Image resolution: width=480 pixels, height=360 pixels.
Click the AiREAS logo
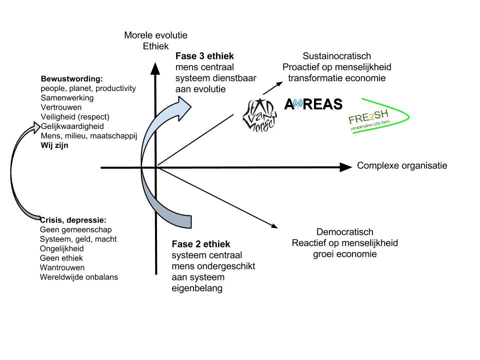pos(313,104)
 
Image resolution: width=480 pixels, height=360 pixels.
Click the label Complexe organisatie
pos(402,166)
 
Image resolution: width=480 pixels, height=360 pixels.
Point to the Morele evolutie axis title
pos(155,35)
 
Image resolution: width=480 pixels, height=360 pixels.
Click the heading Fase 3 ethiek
pos(204,56)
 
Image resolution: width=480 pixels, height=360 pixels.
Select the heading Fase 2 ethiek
pos(201,244)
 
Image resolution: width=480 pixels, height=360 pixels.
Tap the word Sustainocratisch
pos(337,56)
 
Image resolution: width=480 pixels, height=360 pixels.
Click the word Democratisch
pos(345,232)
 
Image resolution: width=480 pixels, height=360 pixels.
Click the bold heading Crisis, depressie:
pos(73,220)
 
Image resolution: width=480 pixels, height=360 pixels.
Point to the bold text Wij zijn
pos(54,145)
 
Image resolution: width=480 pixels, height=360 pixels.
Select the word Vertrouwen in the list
pos(61,107)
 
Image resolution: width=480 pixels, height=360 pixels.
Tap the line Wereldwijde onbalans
pos(79,277)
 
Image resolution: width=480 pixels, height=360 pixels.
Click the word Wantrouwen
pos(62,267)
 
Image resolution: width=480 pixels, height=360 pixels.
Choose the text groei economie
pos(345,254)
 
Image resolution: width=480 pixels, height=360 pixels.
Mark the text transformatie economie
pos(337,78)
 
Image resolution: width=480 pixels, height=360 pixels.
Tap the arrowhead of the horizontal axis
pos(345,167)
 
